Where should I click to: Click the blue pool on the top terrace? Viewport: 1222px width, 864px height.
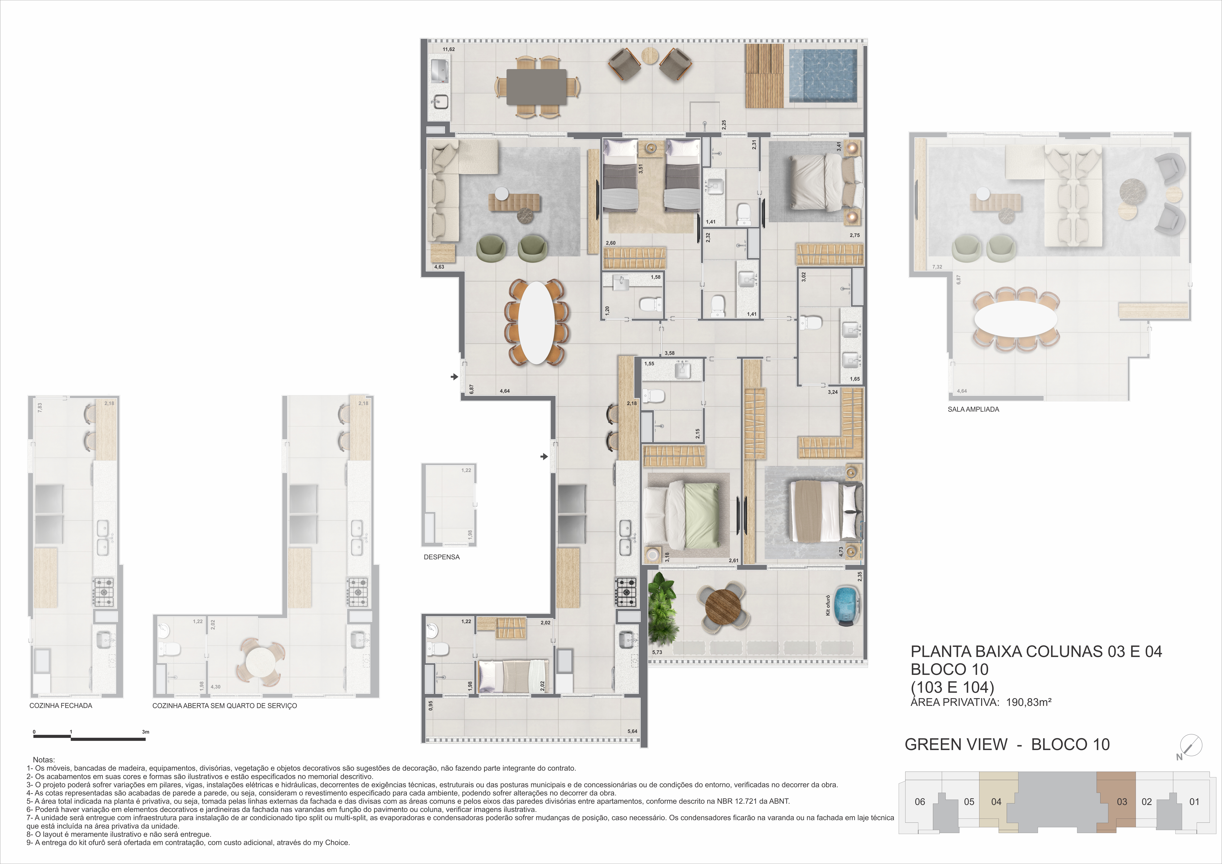823,75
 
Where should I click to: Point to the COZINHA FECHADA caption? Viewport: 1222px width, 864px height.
61,705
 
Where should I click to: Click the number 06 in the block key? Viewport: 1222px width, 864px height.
920,802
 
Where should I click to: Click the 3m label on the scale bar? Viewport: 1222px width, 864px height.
145,732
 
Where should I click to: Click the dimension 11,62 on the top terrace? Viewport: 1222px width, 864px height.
449,50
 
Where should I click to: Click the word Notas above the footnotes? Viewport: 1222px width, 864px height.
44,760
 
